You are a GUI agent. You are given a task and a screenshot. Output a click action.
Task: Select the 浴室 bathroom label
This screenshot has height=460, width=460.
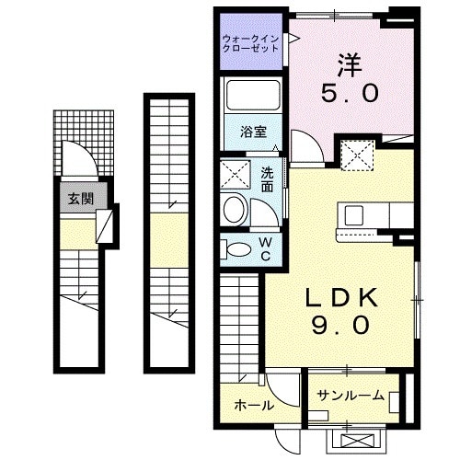click(x=254, y=131)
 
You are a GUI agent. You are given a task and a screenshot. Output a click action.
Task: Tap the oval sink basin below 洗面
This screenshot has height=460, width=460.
click(x=234, y=210)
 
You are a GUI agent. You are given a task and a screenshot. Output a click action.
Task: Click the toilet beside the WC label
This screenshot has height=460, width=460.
click(x=236, y=248)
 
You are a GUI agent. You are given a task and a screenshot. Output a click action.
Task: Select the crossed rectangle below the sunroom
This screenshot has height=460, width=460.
click(x=356, y=440)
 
